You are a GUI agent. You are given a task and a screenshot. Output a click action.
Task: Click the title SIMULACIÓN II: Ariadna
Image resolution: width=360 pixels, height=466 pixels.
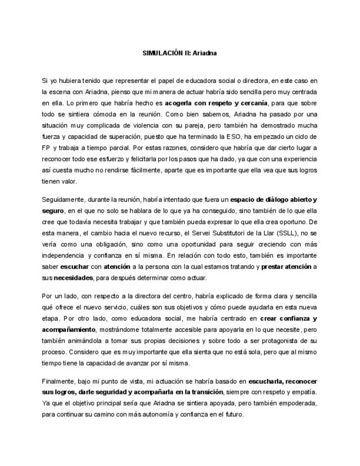pos(180,53)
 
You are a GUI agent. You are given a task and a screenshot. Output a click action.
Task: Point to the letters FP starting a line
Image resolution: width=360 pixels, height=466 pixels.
pos(46,148)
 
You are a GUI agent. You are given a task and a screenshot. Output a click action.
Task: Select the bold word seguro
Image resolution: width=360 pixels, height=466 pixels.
pos(53,210)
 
